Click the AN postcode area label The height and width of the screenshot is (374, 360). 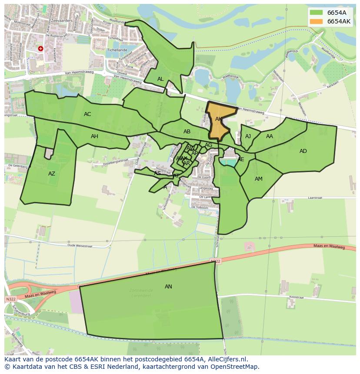tap(168, 287)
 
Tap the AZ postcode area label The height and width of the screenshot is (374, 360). tap(52, 174)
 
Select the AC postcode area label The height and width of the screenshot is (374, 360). tap(87, 114)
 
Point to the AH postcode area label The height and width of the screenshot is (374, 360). tap(94, 136)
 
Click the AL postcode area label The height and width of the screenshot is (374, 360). tap(160, 79)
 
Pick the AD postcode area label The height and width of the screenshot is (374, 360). tap(303, 151)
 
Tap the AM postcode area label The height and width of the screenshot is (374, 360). tap(259, 179)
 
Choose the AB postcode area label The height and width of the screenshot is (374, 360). tap(187, 132)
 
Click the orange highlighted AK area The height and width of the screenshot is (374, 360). tap(219, 124)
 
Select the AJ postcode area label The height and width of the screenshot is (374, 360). tap(248, 136)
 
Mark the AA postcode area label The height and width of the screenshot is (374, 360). tap(270, 136)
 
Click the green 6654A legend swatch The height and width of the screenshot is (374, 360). tap(316, 13)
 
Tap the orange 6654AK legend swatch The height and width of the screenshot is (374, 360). tap(316, 21)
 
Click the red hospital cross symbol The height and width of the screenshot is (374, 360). tap(40, 49)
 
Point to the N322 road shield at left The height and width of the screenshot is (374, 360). tap(10, 300)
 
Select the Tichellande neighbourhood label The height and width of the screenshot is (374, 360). tap(117, 50)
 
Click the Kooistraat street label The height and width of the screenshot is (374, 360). tap(297, 297)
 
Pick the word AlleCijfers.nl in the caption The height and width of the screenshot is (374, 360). tap(228, 359)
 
